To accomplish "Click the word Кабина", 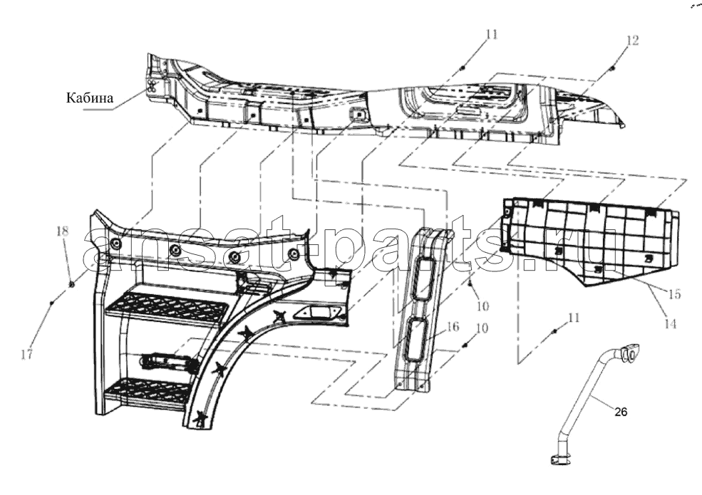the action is tap(90, 98).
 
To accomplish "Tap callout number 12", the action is tap(631, 41).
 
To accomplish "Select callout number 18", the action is tap(63, 231).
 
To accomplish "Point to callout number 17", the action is tap(27, 355).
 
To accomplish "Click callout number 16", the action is tap(453, 326).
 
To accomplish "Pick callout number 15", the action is tap(674, 294).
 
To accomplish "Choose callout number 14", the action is tap(669, 323).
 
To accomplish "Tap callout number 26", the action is tap(621, 412).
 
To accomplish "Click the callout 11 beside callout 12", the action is tap(492, 34).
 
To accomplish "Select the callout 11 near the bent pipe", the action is tap(574, 318).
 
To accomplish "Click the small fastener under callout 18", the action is tap(71, 283).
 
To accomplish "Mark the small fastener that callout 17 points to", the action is tap(51, 303).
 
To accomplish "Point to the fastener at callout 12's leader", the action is tap(612, 68).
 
